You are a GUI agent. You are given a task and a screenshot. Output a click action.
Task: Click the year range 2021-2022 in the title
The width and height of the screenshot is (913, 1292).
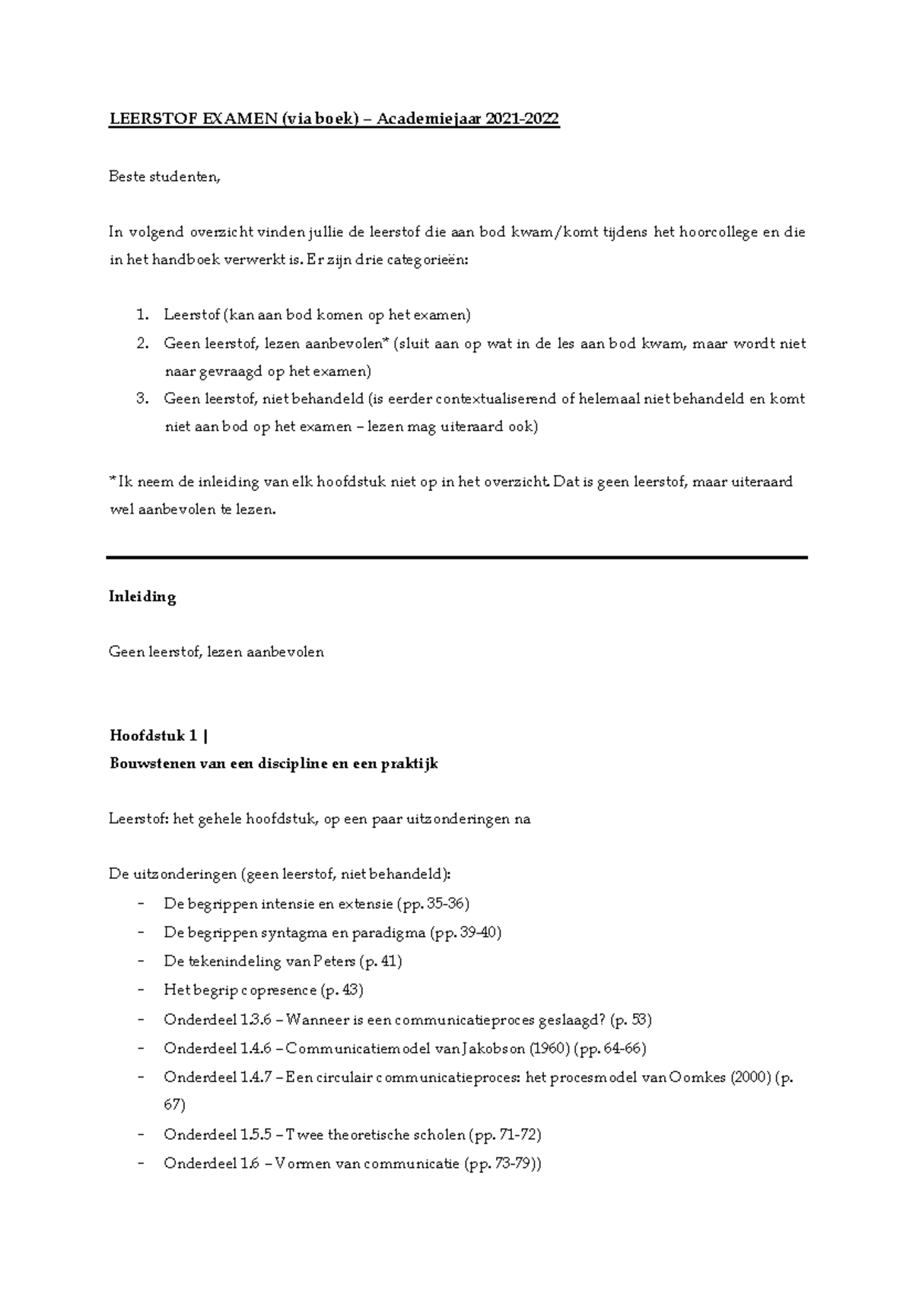pos(522,119)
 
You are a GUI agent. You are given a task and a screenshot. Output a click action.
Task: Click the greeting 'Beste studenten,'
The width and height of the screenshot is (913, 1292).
pos(165,177)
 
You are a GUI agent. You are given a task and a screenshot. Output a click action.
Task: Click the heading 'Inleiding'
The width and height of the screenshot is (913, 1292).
pos(143,597)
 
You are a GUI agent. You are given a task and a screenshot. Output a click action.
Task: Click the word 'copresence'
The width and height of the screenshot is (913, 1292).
pos(279,991)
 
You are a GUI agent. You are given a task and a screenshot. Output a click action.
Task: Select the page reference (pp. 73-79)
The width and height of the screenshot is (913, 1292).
pos(502,1163)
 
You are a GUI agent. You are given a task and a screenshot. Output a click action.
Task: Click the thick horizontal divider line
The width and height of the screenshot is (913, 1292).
pos(456,558)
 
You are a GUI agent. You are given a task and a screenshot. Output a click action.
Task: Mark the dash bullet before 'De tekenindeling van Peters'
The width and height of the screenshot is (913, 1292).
pos(142,962)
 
